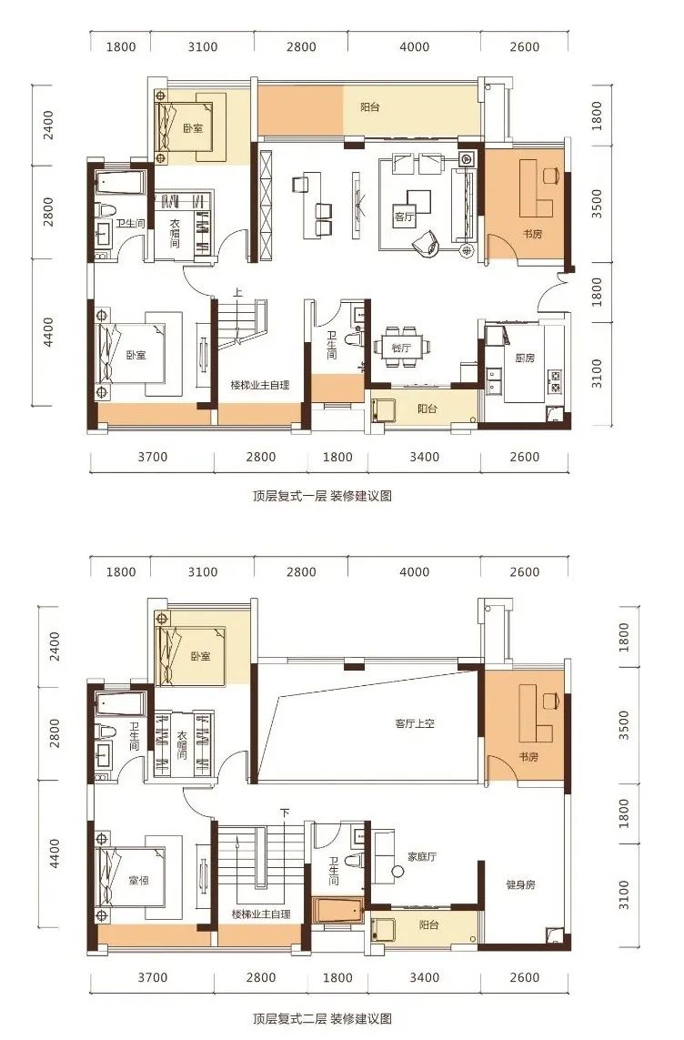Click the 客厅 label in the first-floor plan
click(x=404, y=217)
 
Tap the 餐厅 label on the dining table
click(x=401, y=348)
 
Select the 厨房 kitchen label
click(x=524, y=358)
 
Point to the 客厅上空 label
click(x=415, y=723)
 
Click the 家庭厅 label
click(x=422, y=856)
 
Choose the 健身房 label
click(x=520, y=884)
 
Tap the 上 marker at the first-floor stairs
click(x=238, y=292)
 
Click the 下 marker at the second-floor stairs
click(x=285, y=813)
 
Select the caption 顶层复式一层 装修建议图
click(x=322, y=496)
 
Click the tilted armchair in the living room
click(x=426, y=241)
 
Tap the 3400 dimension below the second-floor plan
click(x=424, y=977)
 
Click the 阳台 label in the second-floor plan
click(x=428, y=924)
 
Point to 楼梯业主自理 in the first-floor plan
click(x=260, y=385)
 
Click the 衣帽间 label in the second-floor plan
click(x=182, y=745)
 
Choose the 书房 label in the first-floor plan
click(x=532, y=234)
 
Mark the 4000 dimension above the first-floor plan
click(x=414, y=47)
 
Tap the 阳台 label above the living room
click(x=370, y=106)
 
